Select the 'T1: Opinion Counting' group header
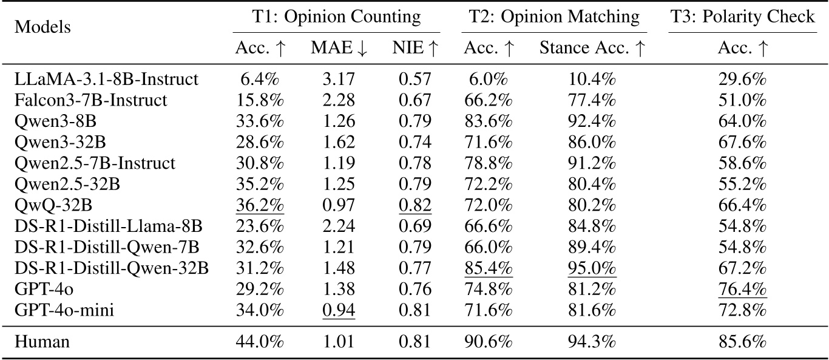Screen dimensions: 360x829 [336, 17]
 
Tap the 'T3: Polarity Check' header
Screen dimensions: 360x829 [742, 17]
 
